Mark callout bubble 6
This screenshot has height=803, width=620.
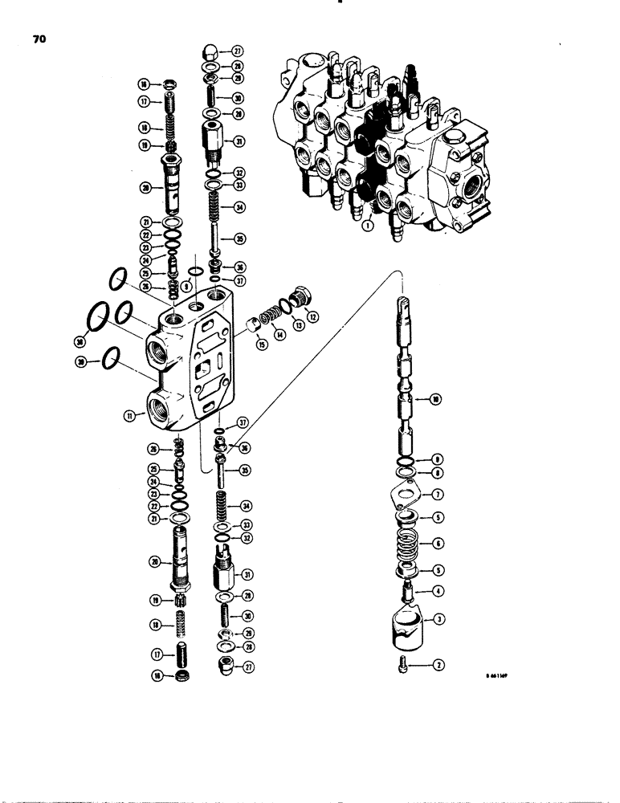[438, 544]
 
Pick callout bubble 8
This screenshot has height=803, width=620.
[438, 475]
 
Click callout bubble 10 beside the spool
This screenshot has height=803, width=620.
[435, 398]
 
